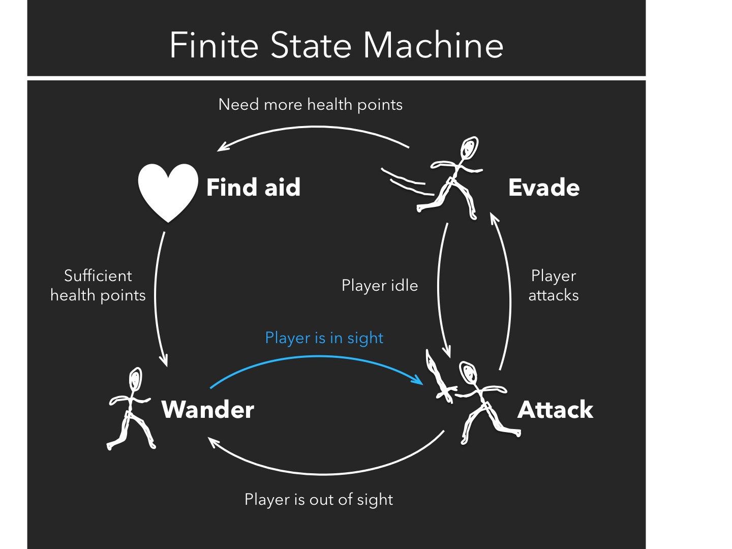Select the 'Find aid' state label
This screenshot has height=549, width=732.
pos(253,188)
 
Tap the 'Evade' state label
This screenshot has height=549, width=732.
pos(543,188)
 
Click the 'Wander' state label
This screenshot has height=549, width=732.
pos(207,410)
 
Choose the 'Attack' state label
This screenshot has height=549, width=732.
pos(555,410)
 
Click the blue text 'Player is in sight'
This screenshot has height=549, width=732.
pos(324,338)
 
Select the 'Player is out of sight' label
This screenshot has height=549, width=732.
pos(319,499)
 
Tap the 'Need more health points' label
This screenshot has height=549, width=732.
pos(310,105)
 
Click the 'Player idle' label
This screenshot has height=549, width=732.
pos(380,286)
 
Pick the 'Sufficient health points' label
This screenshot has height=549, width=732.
pos(98,285)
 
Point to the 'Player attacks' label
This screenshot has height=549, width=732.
pos(554,285)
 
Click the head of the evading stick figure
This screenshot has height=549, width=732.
pos(469,148)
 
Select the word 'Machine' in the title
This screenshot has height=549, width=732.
pos(433,46)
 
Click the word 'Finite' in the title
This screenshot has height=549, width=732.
pos(213,46)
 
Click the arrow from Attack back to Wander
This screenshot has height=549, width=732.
pos(325,473)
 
